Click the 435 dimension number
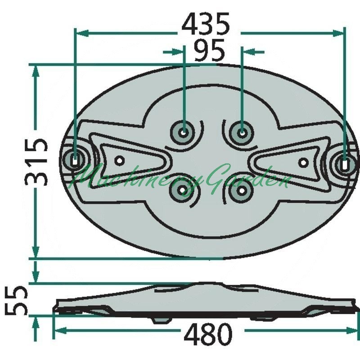coord(206,24)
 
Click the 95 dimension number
coord(209,50)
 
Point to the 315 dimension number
coord(36,162)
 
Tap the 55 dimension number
coord(16,301)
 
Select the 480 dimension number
coord(208,333)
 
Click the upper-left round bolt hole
coord(183,132)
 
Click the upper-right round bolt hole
coord(242,133)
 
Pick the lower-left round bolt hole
coord(182,190)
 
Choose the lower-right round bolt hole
coord(241,190)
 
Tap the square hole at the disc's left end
coord(74,159)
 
